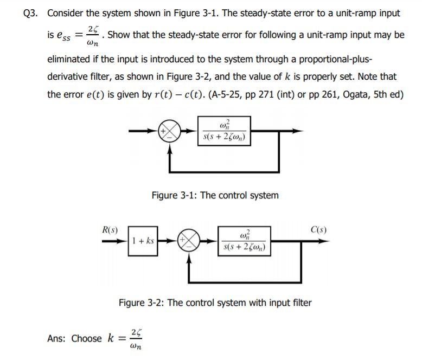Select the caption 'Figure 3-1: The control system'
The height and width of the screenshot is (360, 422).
click(x=215, y=195)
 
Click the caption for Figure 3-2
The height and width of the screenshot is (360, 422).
click(x=215, y=303)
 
